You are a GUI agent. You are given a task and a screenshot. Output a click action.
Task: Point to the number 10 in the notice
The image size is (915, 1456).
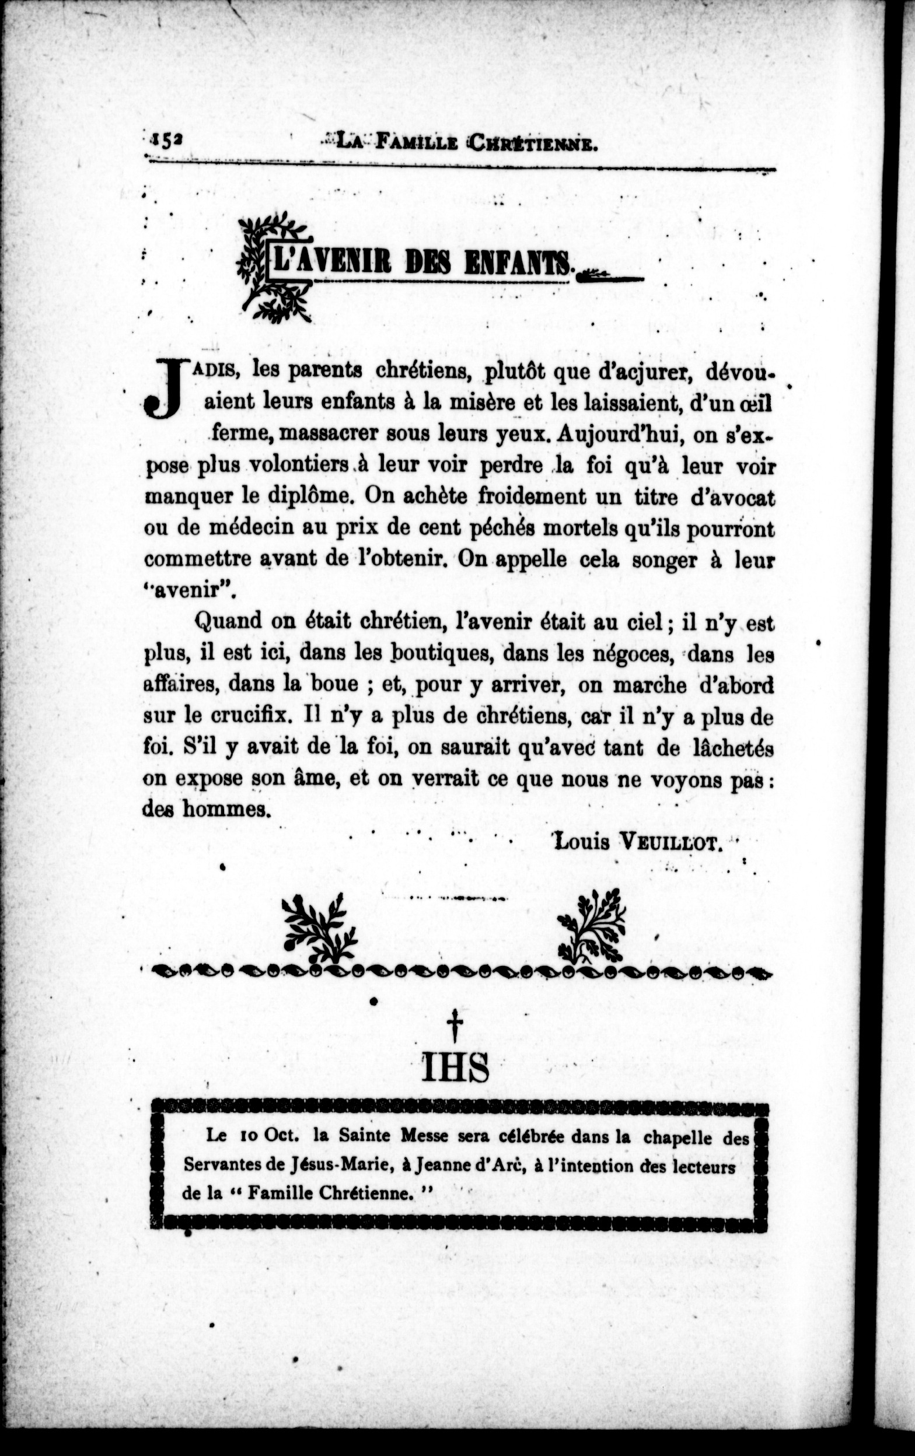tap(249, 1135)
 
